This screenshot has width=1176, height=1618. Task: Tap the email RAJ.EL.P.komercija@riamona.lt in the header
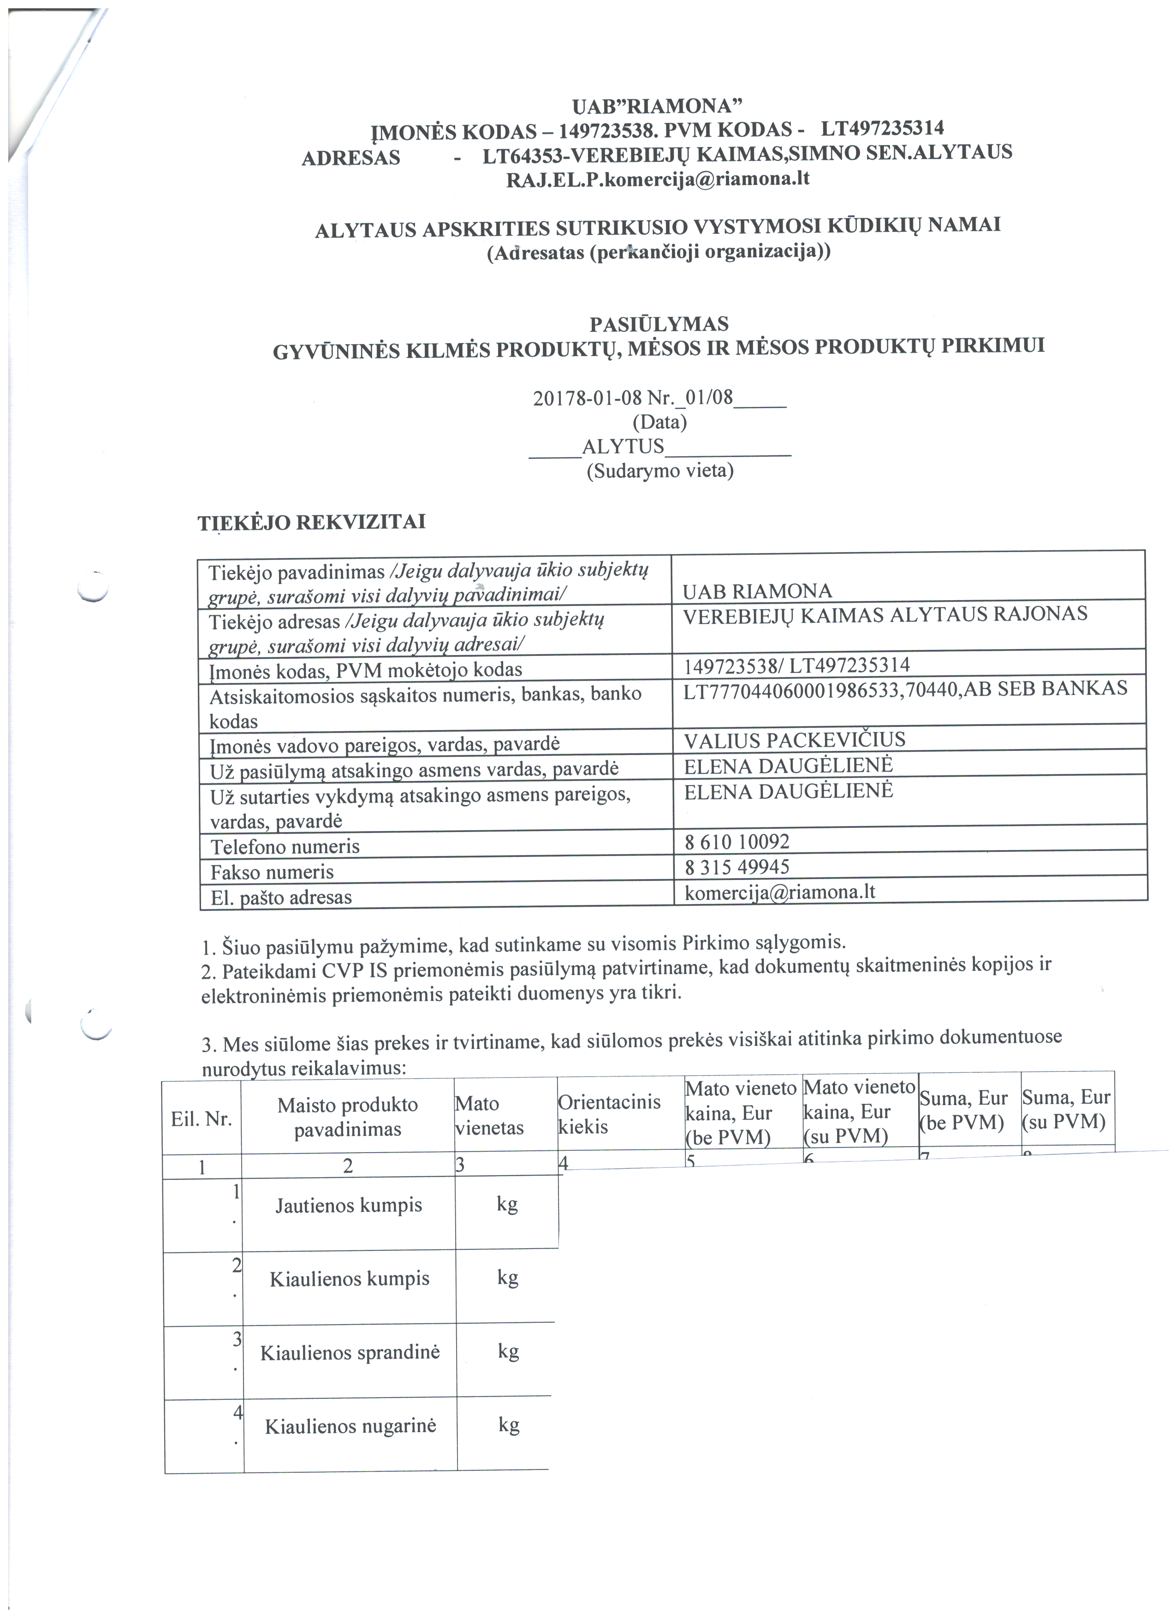(658, 179)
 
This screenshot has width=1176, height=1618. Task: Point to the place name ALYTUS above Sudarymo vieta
(623, 446)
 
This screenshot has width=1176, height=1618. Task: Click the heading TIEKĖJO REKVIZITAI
(312, 522)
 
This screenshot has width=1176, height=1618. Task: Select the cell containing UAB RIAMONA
(757, 591)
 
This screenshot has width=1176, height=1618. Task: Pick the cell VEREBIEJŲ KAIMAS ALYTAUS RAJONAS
(885, 615)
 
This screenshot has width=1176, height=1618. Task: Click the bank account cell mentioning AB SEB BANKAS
(905, 689)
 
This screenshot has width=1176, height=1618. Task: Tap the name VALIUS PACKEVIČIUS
(795, 740)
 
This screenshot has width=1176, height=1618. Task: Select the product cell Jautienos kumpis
(349, 1206)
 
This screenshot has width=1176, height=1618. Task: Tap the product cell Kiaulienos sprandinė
(350, 1353)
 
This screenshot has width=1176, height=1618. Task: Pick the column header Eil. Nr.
(201, 1118)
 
